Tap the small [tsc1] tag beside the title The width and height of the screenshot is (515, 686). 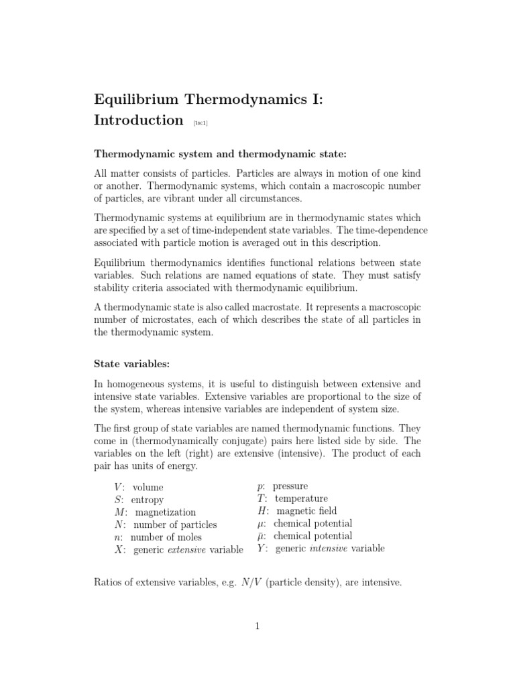click(x=200, y=123)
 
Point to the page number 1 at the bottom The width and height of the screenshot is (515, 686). click(x=257, y=626)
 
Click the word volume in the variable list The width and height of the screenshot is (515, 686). click(x=148, y=488)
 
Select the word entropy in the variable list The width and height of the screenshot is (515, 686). click(x=148, y=500)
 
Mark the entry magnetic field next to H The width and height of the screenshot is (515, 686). click(x=306, y=511)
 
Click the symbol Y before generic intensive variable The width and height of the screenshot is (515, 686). click(x=262, y=549)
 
